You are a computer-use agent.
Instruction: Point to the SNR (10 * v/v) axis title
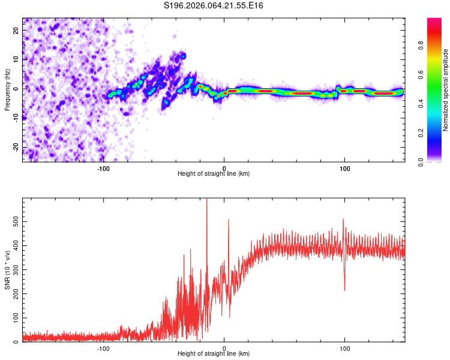click(7, 271)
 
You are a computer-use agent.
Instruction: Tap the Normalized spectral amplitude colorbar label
click(445, 90)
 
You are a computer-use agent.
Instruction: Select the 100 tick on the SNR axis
click(14, 318)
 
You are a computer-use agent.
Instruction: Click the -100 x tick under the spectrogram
click(103, 168)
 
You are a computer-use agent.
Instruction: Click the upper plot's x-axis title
click(214, 174)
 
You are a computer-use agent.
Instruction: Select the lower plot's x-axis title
click(214, 354)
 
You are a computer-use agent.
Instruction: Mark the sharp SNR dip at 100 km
click(344, 290)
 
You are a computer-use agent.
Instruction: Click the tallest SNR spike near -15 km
click(206, 200)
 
